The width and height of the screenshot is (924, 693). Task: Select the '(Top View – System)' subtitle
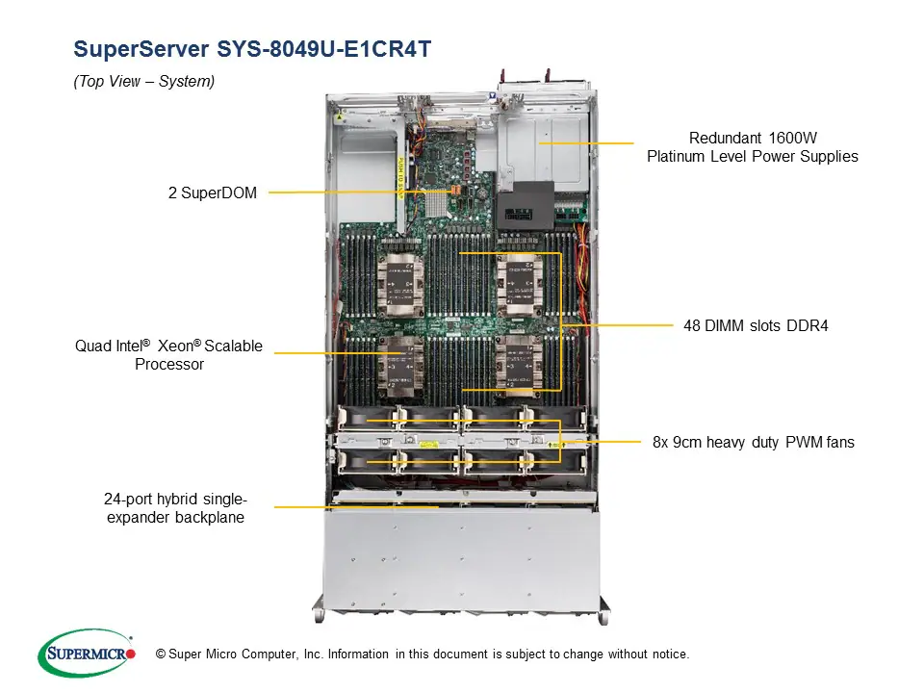coord(144,82)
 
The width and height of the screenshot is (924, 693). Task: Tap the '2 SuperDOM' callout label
coord(213,192)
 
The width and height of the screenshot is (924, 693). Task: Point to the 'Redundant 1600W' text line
coord(753,138)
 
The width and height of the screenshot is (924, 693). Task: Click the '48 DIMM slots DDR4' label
coord(756,325)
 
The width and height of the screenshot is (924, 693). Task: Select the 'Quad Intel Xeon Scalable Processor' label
coord(169,355)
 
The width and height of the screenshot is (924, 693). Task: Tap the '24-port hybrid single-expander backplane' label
coord(175,508)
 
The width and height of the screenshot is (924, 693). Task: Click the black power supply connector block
coord(525,204)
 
